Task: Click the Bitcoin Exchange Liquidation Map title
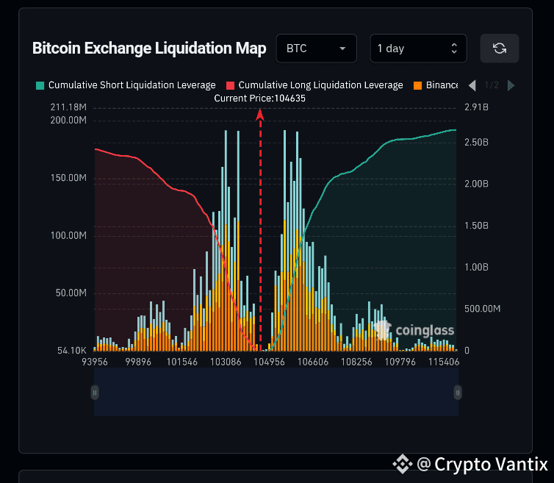pyautogui.click(x=149, y=49)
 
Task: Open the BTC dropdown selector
pyautogui.click(x=316, y=49)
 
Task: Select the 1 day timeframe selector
pyautogui.click(x=417, y=49)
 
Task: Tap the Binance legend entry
pyautogui.click(x=442, y=85)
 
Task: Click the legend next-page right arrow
pyautogui.click(x=511, y=85)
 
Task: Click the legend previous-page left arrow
pyautogui.click(x=472, y=85)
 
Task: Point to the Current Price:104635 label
pyautogui.click(x=259, y=98)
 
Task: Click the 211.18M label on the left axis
pyautogui.click(x=68, y=108)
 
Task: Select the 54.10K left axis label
pyautogui.click(x=71, y=351)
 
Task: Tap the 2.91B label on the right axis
pyautogui.click(x=476, y=108)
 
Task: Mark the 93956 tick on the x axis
pyautogui.click(x=96, y=362)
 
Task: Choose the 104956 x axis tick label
pyautogui.click(x=269, y=362)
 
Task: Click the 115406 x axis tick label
pyautogui.click(x=444, y=362)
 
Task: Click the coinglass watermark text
pyautogui.click(x=425, y=331)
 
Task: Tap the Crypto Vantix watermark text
pyautogui.click(x=491, y=464)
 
